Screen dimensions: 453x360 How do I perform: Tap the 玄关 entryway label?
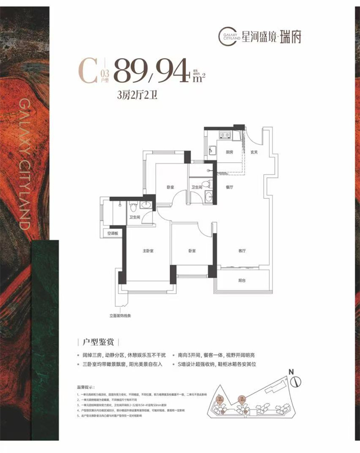tap(253, 152)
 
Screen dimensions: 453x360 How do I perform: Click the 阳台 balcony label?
tap(243, 280)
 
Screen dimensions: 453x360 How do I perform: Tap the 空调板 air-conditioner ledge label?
tap(112, 233)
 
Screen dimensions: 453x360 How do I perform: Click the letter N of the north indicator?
tap(291, 372)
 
